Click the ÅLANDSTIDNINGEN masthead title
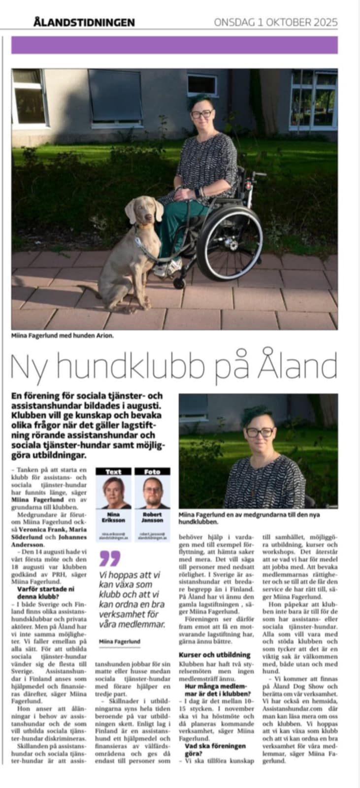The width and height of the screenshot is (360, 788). tap(84, 22)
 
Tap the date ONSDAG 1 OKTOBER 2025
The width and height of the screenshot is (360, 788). tap(276, 22)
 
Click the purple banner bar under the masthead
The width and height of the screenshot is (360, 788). tap(175, 45)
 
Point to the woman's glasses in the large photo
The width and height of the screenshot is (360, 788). tap(201, 114)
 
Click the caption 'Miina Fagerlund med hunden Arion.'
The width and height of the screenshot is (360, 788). tap(63, 335)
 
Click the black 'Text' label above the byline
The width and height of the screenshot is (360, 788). tap(113, 471)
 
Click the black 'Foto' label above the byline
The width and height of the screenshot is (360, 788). tap(152, 471)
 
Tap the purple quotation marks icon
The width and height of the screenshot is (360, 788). tap(109, 558)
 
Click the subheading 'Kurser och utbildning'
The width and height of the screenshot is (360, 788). tap(214, 655)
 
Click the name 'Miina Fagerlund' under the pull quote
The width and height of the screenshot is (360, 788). tap(120, 641)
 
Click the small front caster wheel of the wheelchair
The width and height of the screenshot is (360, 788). tap(179, 283)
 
